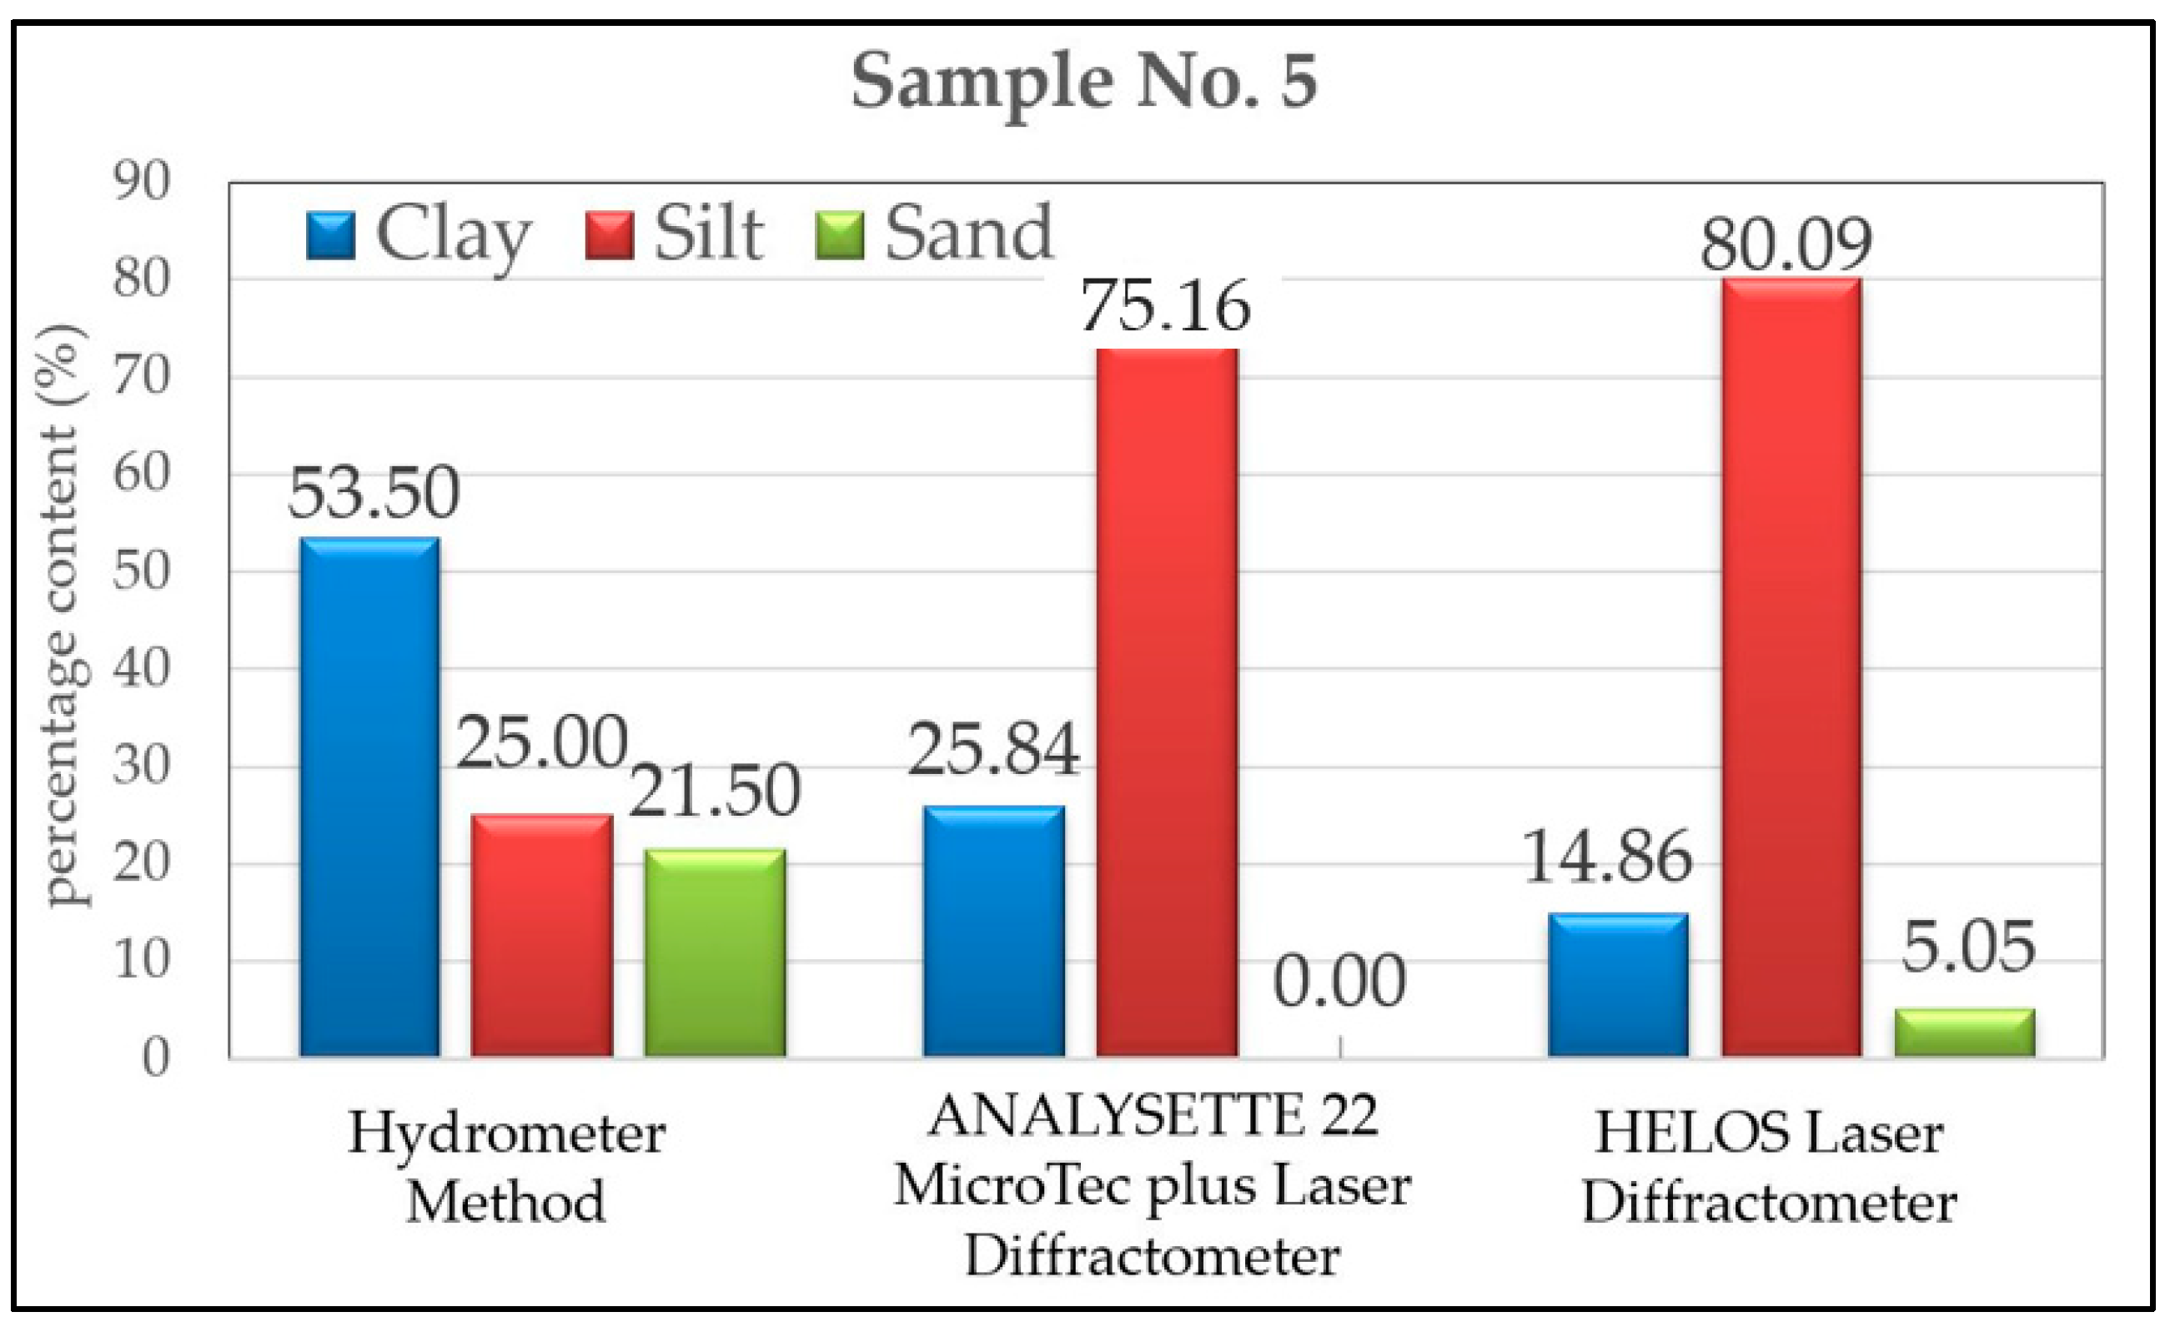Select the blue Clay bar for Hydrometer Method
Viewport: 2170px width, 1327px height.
370,797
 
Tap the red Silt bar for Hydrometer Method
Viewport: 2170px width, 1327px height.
541,935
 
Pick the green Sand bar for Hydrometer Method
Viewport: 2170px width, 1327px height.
714,953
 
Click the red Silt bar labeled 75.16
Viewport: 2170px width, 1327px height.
1167,701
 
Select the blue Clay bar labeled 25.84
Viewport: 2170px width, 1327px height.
993,931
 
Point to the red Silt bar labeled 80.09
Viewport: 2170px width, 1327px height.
1791,666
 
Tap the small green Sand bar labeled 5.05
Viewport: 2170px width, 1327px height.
1965,1032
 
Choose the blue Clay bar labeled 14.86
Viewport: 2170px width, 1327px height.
1619,984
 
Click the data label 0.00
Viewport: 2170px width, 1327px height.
1339,981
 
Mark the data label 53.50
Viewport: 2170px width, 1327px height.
374,492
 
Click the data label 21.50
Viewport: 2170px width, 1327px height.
714,790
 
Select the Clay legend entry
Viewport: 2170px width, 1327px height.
419,234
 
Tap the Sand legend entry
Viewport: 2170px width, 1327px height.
933,234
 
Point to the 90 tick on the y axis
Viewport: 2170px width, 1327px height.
141,183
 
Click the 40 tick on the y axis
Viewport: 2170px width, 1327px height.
141,669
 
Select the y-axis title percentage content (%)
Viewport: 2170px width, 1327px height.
62,616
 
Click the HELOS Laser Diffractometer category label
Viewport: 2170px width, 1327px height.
1768,1168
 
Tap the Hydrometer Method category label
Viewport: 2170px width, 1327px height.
506,1168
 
